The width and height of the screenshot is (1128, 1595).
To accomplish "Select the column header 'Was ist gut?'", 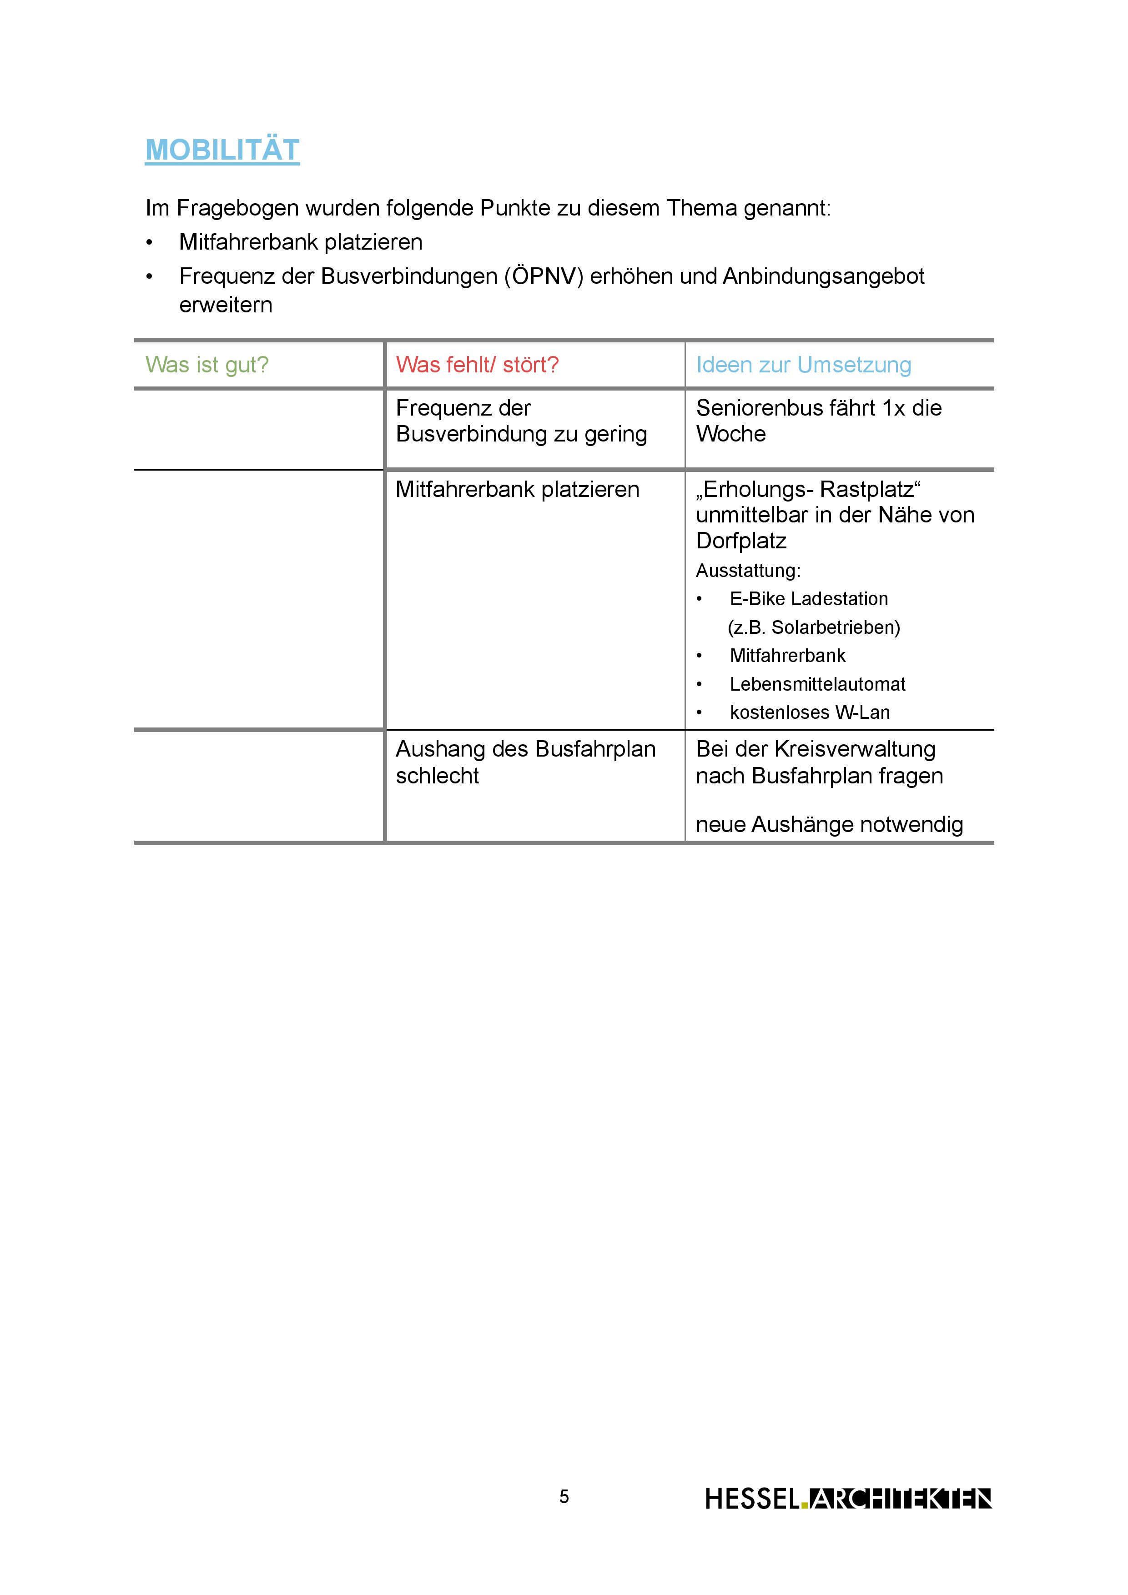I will click(x=206, y=364).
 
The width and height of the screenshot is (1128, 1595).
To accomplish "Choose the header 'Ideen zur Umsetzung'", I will click(x=803, y=364).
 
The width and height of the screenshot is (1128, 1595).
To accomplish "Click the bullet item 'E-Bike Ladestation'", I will click(x=808, y=598).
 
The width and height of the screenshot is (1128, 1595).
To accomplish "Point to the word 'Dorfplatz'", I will click(x=741, y=541).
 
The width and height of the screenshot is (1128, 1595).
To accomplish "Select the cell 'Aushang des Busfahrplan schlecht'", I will click(x=525, y=762).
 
